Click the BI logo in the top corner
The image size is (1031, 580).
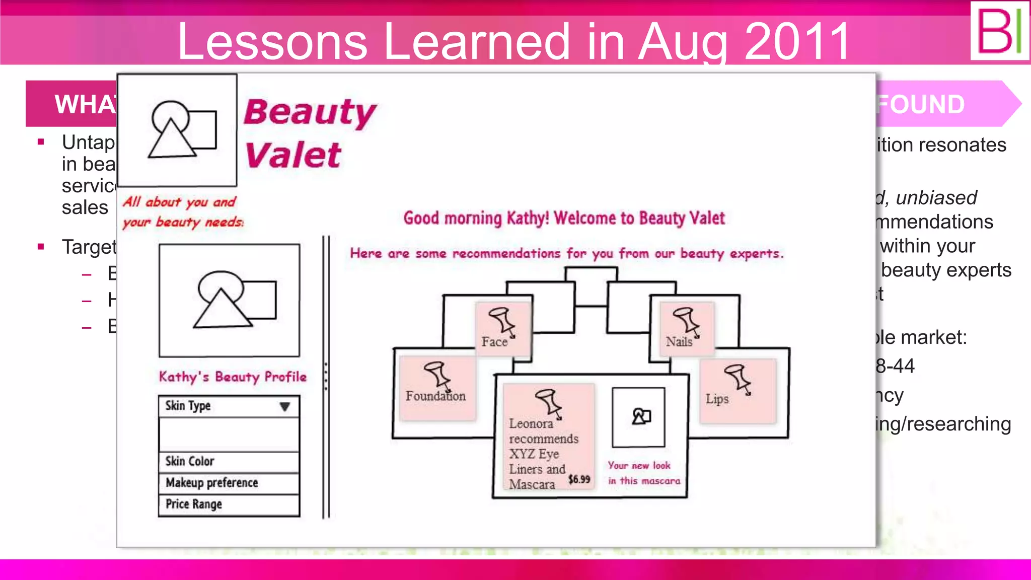click(999, 31)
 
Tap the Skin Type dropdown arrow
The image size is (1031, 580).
click(284, 406)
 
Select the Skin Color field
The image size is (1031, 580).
click(229, 461)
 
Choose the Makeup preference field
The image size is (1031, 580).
click(229, 483)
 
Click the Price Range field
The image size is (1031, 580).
click(229, 504)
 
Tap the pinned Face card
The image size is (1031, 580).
click(503, 328)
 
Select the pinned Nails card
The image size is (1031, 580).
click(687, 328)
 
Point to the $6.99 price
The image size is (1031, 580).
click(579, 479)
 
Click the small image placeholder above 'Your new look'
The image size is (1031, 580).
click(638, 417)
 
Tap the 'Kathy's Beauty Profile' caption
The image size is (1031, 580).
click(233, 377)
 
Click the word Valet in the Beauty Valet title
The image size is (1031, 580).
click(293, 155)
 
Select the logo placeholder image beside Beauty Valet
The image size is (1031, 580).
click(177, 130)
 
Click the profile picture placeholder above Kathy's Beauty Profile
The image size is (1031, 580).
click(230, 300)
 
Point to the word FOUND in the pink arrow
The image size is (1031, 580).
click(921, 104)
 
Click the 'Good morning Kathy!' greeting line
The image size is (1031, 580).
click(564, 218)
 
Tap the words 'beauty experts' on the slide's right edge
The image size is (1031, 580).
click(946, 270)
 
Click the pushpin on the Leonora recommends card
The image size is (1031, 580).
click(549, 402)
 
